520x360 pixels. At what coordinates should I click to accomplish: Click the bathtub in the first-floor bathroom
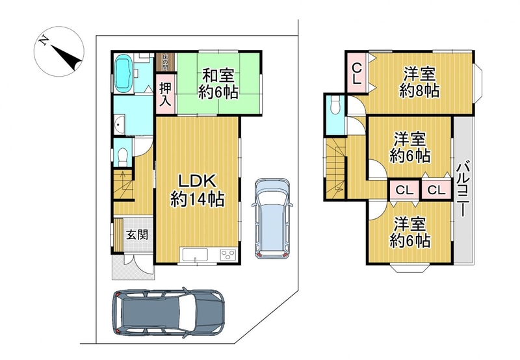click(123, 73)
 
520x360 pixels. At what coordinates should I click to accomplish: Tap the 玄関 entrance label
click(137, 235)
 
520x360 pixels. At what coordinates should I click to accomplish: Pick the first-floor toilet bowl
click(123, 157)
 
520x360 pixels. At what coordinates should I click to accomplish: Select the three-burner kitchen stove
click(228, 255)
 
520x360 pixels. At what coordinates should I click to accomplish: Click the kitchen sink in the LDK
click(194, 255)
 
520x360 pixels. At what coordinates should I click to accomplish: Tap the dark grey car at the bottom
click(168, 313)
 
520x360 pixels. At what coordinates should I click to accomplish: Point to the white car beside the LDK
click(272, 218)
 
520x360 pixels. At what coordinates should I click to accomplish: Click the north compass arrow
click(67, 56)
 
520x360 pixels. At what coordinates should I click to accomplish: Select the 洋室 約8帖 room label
click(419, 82)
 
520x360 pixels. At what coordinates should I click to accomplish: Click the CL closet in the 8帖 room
click(356, 73)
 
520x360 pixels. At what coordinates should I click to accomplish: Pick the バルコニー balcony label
click(463, 188)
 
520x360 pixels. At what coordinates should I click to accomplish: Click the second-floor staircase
click(335, 169)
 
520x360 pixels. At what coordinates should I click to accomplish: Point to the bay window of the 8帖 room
click(478, 83)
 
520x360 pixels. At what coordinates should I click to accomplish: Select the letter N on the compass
click(43, 41)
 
